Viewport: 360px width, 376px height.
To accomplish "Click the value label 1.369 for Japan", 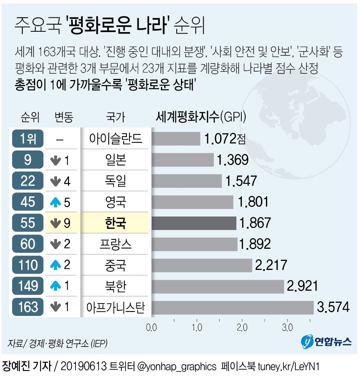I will coord(232,160).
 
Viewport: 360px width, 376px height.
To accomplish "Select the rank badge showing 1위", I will coord(28,139).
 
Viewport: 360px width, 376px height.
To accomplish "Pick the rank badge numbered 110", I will coord(28,265).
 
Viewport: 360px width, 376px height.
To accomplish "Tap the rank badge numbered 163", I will coord(28,307).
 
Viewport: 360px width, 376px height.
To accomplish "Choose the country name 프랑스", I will coord(115,244).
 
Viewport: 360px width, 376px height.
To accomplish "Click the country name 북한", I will coord(115,286).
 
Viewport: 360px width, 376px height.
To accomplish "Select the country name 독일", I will coord(115,181).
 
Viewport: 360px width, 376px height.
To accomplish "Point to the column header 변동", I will coord(63,117).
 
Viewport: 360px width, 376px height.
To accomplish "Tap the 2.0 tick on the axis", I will coord(242,328).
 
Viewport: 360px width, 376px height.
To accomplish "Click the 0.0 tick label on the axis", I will coord(151,328).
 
